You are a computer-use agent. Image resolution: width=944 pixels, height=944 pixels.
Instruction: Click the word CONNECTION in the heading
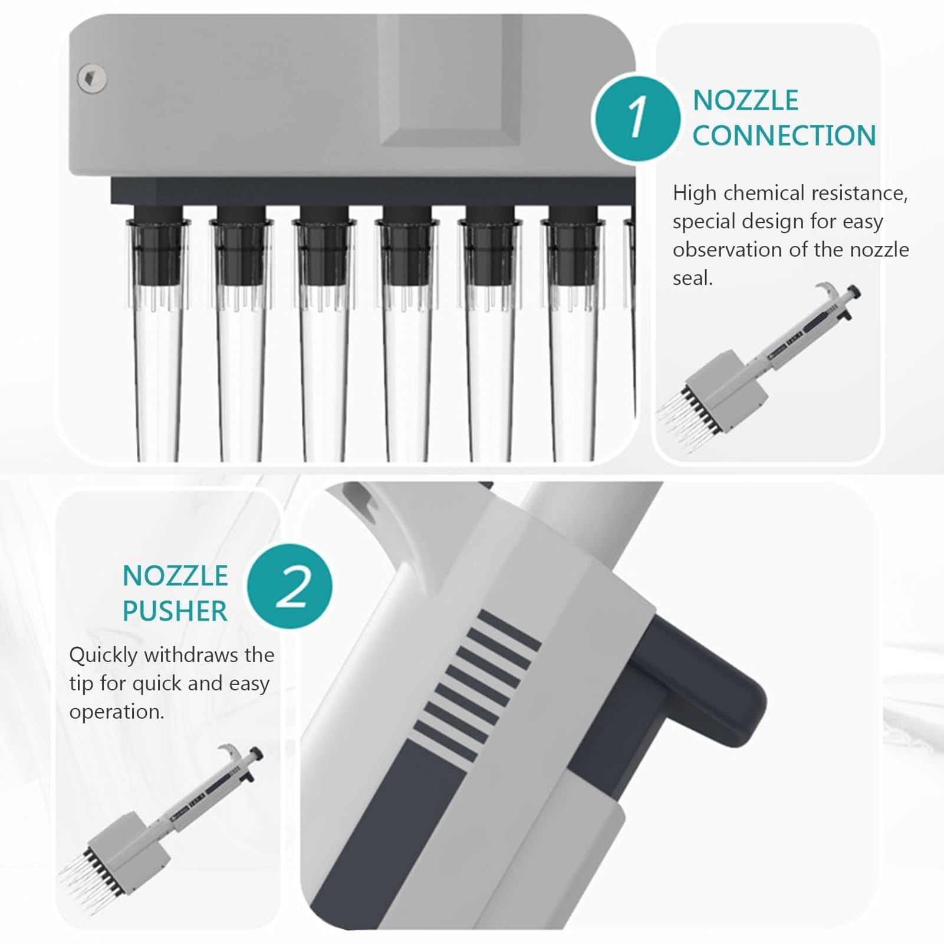784,135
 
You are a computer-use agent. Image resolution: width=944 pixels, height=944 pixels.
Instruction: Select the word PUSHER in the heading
175,611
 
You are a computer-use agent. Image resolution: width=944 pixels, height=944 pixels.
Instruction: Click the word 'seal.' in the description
693,278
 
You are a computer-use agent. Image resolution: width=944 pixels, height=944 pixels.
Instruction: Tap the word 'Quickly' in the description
104,656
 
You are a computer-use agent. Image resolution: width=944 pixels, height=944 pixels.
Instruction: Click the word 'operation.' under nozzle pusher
117,712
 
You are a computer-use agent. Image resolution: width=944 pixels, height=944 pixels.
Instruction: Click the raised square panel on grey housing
450,80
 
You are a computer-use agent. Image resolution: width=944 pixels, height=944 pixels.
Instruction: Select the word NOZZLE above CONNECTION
745,100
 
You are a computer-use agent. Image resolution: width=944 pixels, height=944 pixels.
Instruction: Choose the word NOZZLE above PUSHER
175,575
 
